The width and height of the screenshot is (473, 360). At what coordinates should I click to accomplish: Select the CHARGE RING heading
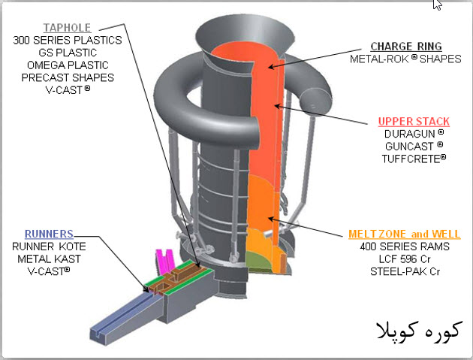coord(406,46)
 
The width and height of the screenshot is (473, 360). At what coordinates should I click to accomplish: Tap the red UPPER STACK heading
coord(414,122)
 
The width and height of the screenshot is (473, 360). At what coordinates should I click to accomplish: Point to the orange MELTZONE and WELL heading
coord(404,234)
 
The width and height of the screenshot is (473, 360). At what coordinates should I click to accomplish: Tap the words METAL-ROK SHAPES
coord(406,59)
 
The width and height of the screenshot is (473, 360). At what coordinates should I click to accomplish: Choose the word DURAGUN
coord(410,134)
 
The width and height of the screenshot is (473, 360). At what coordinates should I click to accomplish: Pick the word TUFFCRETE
coord(413,159)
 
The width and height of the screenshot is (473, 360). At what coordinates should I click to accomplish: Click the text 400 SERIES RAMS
coord(404,247)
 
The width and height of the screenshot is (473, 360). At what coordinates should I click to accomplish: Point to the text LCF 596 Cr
coord(404,259)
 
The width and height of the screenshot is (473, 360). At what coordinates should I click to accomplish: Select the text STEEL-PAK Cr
coord(404,271)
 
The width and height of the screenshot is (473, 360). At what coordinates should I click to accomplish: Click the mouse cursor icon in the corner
coord(438,5)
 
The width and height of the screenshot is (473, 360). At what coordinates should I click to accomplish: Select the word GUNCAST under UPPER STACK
coord(410,147)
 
